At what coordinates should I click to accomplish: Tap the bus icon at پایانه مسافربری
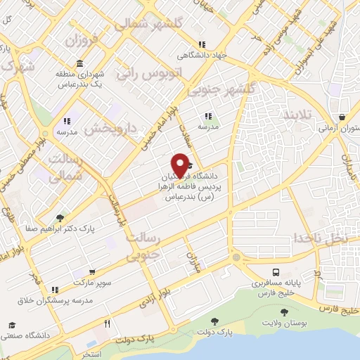point(276,272)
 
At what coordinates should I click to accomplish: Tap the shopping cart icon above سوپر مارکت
point(92,271)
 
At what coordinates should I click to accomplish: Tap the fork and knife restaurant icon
point(107,324)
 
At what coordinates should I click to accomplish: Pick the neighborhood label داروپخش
point(105,129)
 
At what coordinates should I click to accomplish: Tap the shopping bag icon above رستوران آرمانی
point(342,117)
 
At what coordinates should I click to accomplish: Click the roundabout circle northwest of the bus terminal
point(236,257)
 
